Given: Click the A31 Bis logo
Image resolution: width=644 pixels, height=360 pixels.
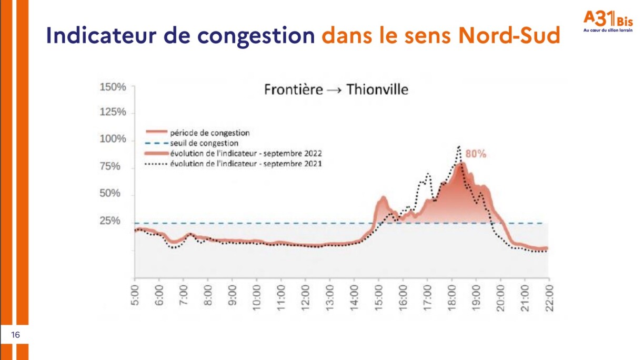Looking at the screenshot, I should point(607,22).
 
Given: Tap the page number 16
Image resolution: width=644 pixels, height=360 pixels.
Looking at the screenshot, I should point(15,335).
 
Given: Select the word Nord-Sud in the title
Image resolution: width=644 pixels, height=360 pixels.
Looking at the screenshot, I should point(509,35).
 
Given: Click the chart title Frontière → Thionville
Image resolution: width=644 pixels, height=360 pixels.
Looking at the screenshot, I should point(336,90).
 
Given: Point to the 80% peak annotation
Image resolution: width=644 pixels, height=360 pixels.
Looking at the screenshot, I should point(476,154).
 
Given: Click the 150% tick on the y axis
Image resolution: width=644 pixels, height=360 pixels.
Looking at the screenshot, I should point(113,87).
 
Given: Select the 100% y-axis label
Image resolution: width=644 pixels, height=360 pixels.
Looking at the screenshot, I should point(113,139).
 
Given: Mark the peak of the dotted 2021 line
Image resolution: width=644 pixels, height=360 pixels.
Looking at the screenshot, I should point(459,147).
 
